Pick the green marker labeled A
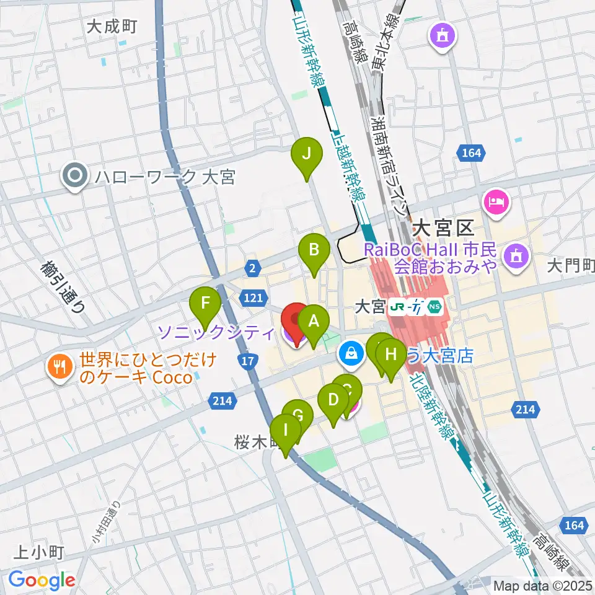(x=314, y=322)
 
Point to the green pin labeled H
(x=390, y=355)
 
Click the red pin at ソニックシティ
(x=296, y=320)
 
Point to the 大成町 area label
(x=111, y=26)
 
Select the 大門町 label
(x=571, y=267)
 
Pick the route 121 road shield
(x=252, y=299)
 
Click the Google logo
(x=42, y=580)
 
